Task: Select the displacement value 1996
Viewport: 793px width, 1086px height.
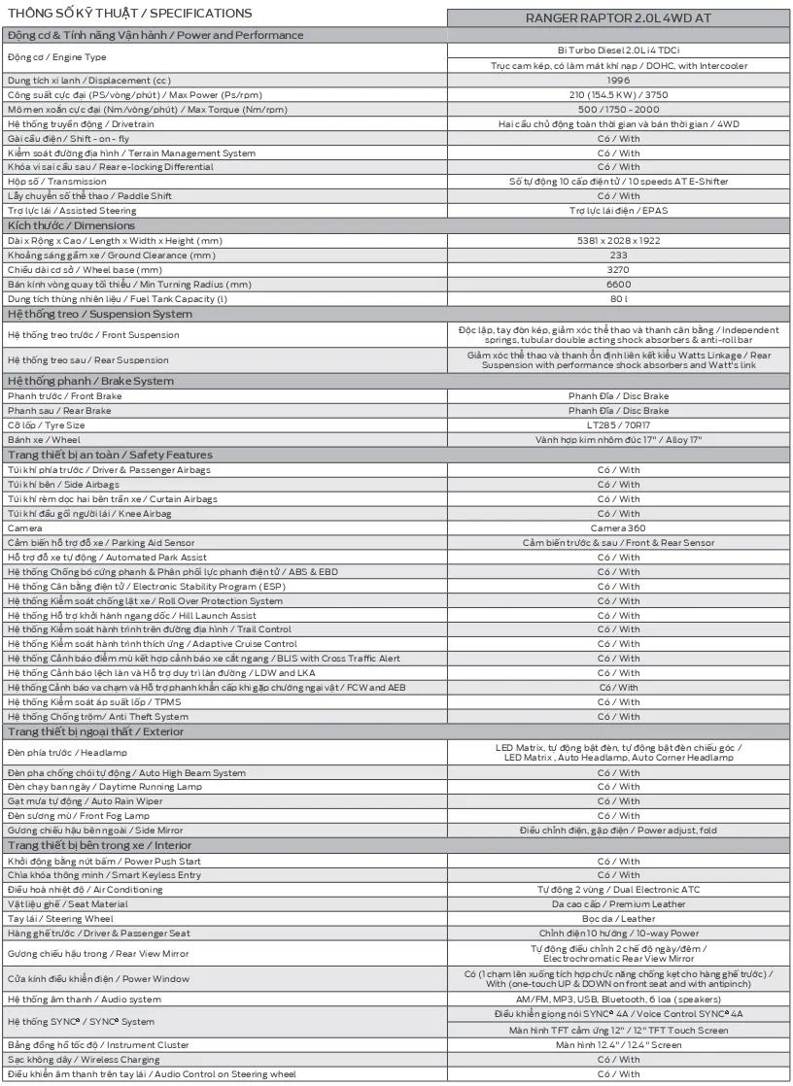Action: pyautogui.click(x=618, y=80)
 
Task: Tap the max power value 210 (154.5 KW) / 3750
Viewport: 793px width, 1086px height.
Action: pyautogui.click(x=618, y=94)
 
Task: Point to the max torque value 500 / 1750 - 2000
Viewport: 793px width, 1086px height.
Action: pyautogui.click(x=618, y=109)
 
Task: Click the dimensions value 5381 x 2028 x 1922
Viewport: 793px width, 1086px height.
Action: pyautogui.click(x=618, y=240)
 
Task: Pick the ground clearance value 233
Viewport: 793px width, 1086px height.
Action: pyautogui.click(x=618, y=255)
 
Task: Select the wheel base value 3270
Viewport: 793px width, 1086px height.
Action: pyautogui.click(x=618, y=269)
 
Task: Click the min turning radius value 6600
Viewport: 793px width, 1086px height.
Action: pyautogui.click(x=618, y=284)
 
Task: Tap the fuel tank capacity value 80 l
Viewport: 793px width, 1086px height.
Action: pyautogui.click(x=618, y=298)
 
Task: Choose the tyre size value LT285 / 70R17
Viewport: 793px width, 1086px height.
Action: pyautogui.click(x=618, y=425)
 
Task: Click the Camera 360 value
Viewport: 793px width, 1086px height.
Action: pyautogui.click(x=618, y=527)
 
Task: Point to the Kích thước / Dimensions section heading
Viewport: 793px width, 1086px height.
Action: pyautogui.click(x=71, y=225)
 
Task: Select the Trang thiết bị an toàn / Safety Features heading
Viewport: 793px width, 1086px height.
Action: pyautogui.click(x=110, y=455)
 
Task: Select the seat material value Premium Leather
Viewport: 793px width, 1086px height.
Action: pyautogui.click(x=618, y=904)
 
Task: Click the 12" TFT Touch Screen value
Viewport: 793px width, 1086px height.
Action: pyautogui.click(x=618, y=1030)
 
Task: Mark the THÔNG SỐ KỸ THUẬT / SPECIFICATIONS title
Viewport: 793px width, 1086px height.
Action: pyautogui.click(x=129, y=14)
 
